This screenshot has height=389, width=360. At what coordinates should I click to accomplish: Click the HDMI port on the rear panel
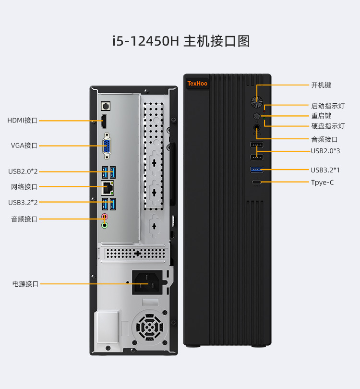pyautogui.click(x=104, y=121)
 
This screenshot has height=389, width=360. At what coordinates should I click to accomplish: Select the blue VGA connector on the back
pyautogui.click(x=106, y=146)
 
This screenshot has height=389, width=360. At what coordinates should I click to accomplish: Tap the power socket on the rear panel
pyautogui.click(x=147, y=283)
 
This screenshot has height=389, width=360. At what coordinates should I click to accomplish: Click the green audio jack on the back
pyautogui.click(x=105, y=225)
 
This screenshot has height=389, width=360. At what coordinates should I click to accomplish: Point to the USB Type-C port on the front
pyautogui.click(x=257, y=182)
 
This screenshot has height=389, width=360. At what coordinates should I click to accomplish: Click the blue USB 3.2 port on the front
pyautogui.click(x=257, y=169)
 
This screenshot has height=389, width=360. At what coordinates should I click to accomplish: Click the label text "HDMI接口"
pyautogui.click(x=22, y=121)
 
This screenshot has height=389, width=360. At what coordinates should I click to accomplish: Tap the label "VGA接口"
pyautogui.click(x=24, y=146)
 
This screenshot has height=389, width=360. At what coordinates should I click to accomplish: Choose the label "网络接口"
pyautogui.click(x=24, y=187)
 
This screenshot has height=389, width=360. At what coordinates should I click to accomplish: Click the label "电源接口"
pyautogui.click(x=25, y=284)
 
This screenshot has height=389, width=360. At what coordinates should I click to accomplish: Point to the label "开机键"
pyautogui.click(x=321, y=85)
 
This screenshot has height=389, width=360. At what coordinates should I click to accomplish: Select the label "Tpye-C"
pyautogui.click(x=322, y=182)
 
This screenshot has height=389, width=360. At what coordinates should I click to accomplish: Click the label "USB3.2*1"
pyautogui.click(x=325, y=170)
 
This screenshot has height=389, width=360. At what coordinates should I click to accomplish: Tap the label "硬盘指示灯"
pyautogui.click(x=328, y=126)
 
